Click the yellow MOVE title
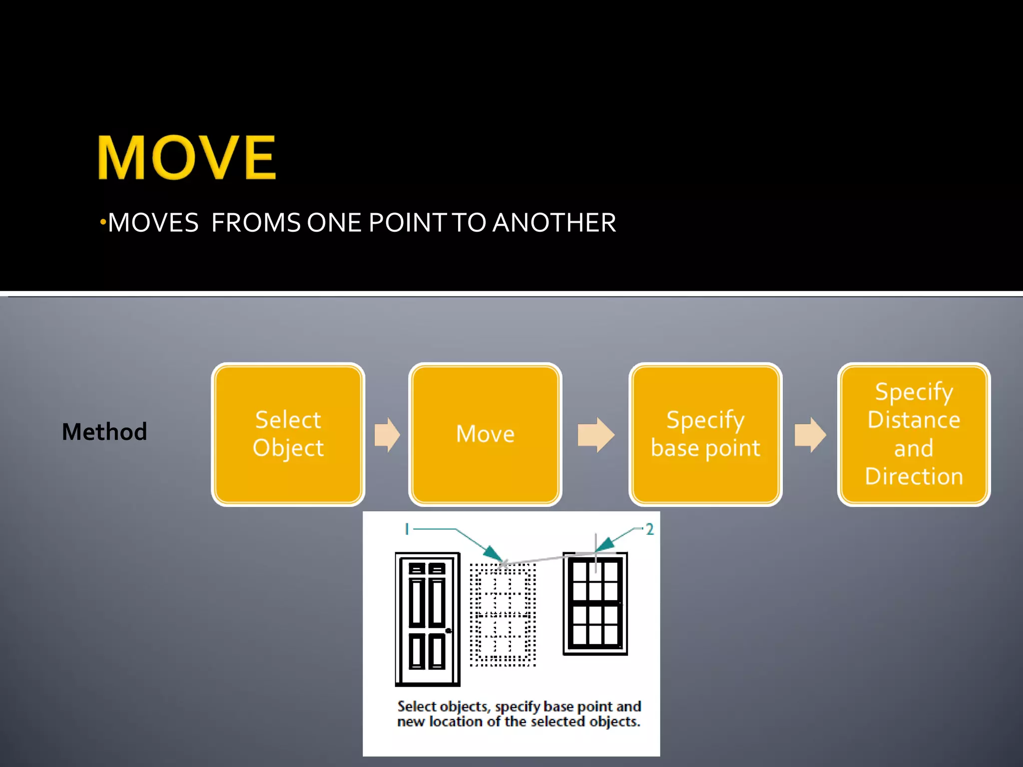[186, 157]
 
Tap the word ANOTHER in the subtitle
[554, 223]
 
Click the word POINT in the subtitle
[408, 223]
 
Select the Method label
[104, 432]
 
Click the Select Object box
[288, 434]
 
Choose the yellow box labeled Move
[485, 434]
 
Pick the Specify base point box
[705, 434]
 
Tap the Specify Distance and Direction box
[914, 434]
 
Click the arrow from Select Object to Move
[387, 434]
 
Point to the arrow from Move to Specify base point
[595, 434]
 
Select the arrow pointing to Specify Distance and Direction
[810, 434]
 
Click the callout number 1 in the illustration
[407, 529]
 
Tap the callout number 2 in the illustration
[649, 529]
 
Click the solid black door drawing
[427, 619]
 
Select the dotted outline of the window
[503, 615]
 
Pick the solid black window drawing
[595, 603]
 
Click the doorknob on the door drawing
[448, 631]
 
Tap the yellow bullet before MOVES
[102, 221]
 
